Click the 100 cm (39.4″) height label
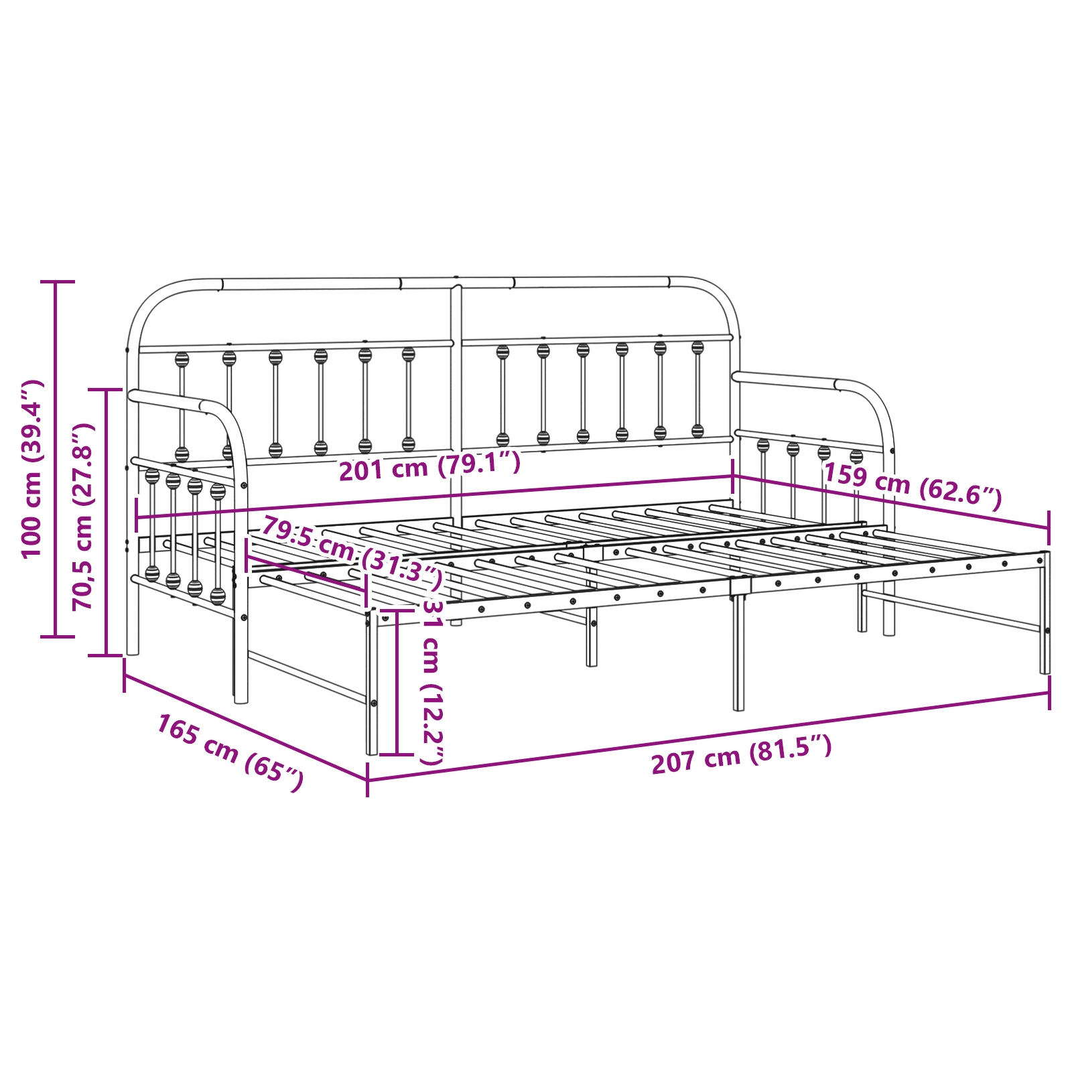tap(31, 468)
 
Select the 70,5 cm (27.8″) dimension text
tap(83, 517)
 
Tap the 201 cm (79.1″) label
tap(429, 466)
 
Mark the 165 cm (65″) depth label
tap(230, 752)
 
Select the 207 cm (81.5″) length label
tap(742, 754)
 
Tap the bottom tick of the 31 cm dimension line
tap(397, 754)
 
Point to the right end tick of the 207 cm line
tap(1049, 693)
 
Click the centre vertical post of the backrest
tap(456, 456)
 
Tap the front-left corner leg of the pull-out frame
tap(372, 683)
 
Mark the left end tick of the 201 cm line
tap(137, 517)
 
